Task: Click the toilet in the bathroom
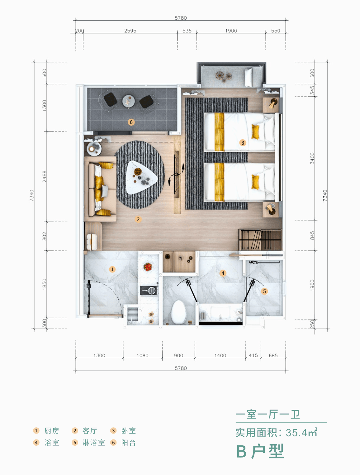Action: (178, 312)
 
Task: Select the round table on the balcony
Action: (129, 101)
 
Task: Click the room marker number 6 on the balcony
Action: (131, 122)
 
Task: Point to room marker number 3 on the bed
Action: (243, 143)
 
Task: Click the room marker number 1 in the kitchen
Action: (112, 269)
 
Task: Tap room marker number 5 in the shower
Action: (264, 291)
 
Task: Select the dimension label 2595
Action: (130, 31)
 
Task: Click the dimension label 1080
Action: (143, 355)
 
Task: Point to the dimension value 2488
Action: (44, 176)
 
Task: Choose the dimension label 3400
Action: (312, 158)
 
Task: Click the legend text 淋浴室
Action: (94, 443)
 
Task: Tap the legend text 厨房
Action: (52, 431)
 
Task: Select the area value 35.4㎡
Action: (301, 432)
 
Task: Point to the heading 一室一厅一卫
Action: (268, 415)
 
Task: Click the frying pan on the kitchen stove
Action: (149, 290)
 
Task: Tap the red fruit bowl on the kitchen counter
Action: (148, 266)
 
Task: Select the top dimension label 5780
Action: (181, 18)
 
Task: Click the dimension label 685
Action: (273, 355)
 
